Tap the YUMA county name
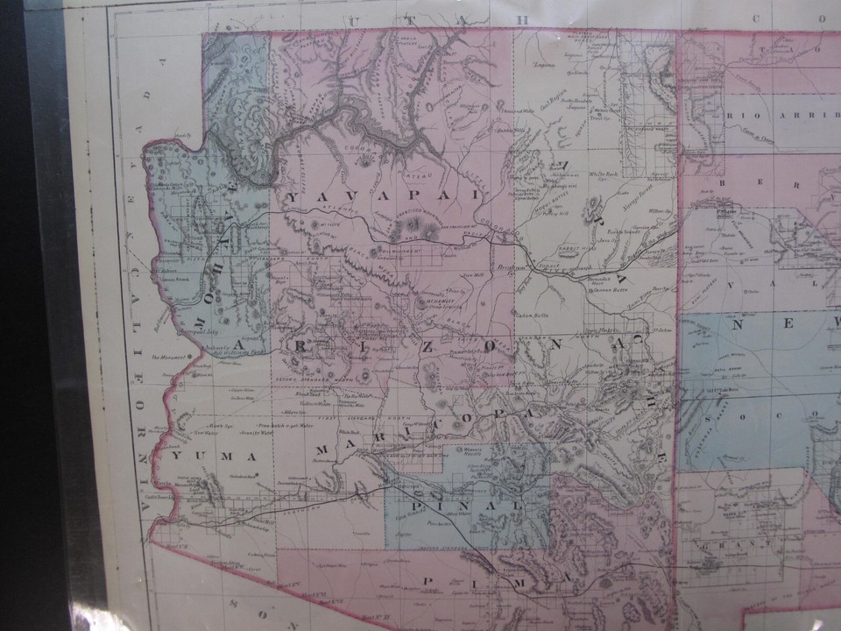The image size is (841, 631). (x=214, y=457)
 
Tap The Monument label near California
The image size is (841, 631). (x=166, y=358)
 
